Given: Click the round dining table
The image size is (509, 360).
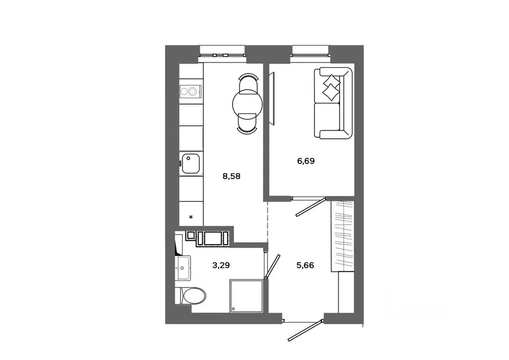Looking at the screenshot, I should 247,103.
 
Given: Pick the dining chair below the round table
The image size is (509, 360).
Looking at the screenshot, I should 247,124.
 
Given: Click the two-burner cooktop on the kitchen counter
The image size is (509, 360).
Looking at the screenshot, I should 191,91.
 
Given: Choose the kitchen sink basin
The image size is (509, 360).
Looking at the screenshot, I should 191,164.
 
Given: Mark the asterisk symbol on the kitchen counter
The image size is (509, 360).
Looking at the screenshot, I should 192,217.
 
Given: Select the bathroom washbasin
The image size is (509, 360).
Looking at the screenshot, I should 183,269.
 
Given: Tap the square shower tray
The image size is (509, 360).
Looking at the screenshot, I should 246,296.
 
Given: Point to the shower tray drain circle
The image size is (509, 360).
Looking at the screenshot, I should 233,309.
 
